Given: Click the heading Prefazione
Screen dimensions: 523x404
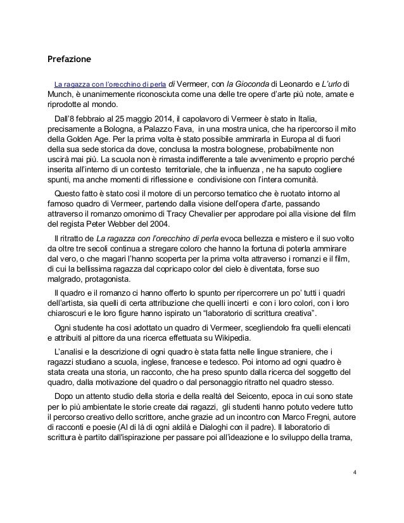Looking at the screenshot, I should [x=70, y=60].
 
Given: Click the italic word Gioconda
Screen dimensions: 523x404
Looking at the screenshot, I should [x=249, y=84].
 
